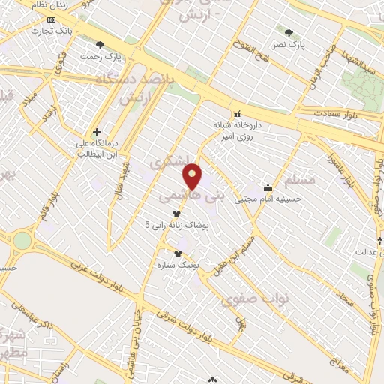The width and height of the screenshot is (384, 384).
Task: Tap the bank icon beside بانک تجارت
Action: click(x=50, y=19)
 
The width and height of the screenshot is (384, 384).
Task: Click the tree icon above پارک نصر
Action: click(x=289, y=33)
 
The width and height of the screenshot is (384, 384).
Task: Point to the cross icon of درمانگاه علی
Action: click(x=97, y=132)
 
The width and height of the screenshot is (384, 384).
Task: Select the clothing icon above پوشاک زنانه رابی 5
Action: click(x=175, y=213)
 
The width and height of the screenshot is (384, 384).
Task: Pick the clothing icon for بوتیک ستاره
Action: click(x=178, y=253)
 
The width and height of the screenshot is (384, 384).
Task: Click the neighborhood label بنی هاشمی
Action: click(x=192, y=196)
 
